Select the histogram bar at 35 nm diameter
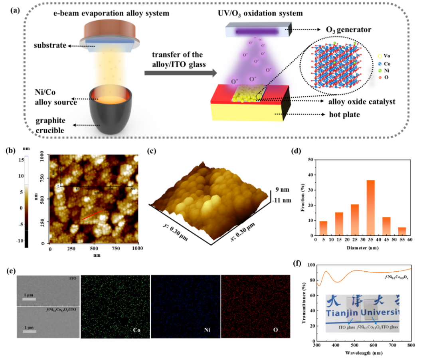tap(371, 208)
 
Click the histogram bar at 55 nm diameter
tap(402, 231)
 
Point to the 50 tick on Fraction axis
tap(310, 159)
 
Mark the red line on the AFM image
tap(93, 215)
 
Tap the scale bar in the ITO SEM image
tap(29, 299)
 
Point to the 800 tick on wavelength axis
tap(411, 345)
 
